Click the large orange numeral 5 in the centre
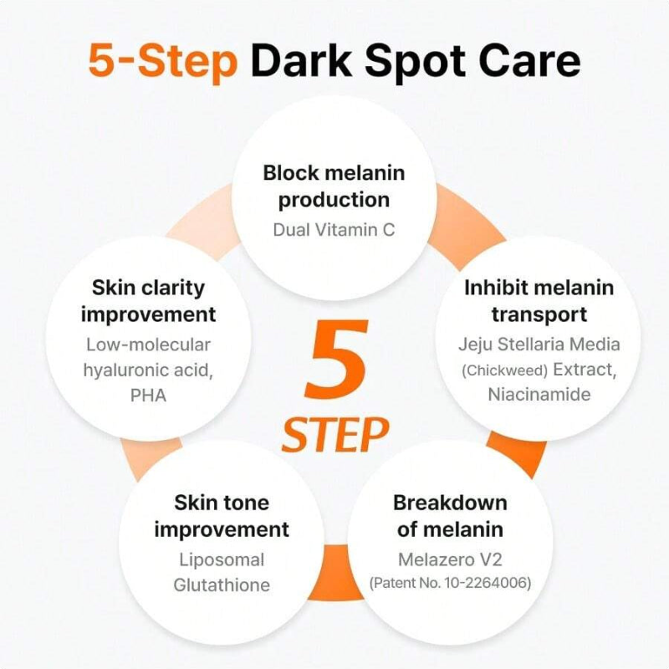[337, 360]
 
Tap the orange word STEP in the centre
[335, 434]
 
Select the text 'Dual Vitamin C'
[334, 230]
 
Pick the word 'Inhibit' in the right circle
[495, 287]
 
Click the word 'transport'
[539, 315]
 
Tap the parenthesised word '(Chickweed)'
[505, 370]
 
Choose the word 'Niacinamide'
[539, 394]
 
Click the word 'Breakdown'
[450, 503]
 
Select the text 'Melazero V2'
[450, 559]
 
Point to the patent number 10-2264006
[487, 583]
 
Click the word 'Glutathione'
[222, 585]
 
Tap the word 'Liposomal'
[222, 560]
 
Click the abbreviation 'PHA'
[148, 396]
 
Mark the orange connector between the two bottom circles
[336, 573]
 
